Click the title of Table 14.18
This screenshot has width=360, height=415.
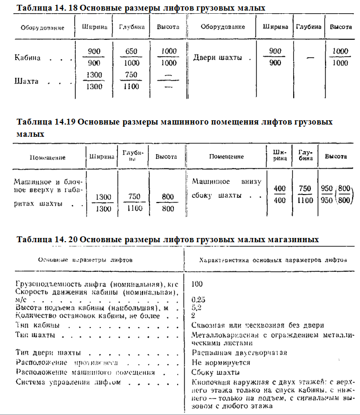tap(141, 8)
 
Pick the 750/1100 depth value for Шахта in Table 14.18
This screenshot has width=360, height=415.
tap(130, 81)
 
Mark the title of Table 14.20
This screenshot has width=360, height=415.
tap(168, 239)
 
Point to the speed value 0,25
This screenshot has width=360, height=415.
tap(198, 299)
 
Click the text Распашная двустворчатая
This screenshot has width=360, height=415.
tap(238, 352)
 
